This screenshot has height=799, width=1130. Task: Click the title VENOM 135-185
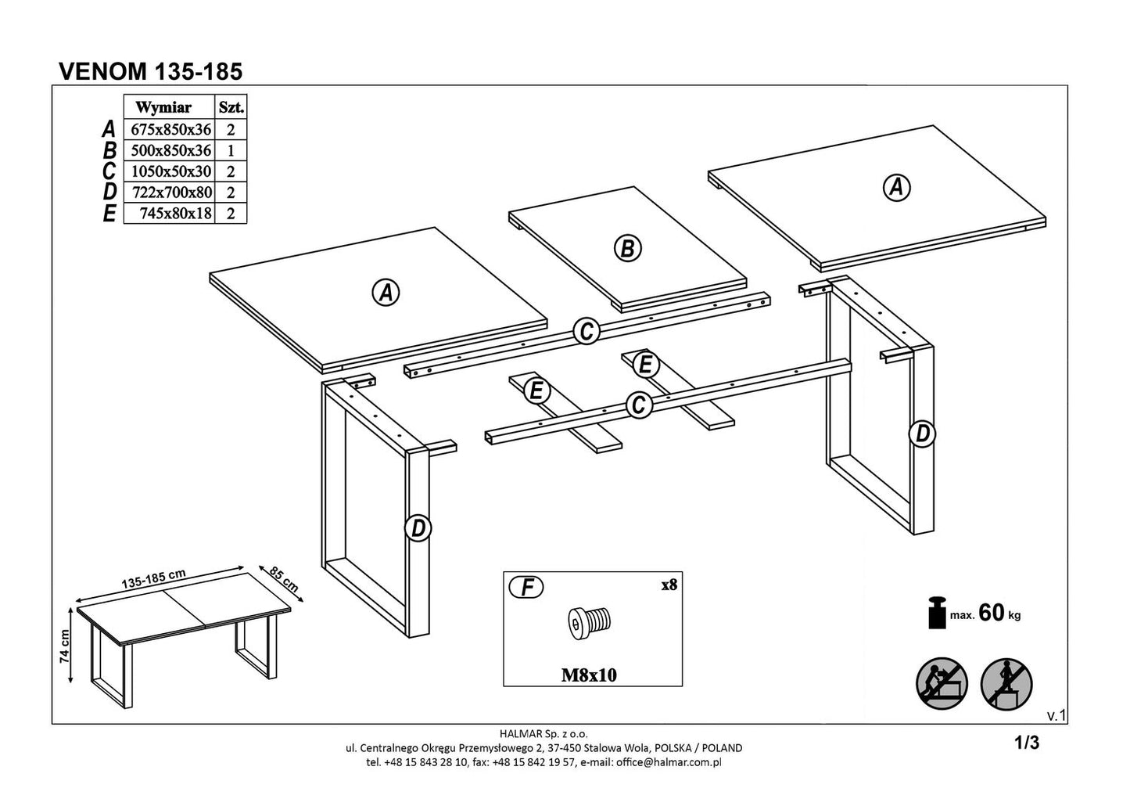151,71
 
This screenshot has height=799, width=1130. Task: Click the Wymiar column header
163,107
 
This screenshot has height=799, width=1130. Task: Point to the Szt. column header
231,107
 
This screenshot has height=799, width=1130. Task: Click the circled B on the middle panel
626,248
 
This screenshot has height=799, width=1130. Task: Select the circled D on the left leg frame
418,529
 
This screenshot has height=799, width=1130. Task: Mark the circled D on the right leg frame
923,433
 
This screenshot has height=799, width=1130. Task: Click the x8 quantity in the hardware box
668,585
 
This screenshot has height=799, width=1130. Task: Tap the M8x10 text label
589,675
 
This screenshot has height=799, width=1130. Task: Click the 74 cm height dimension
66,646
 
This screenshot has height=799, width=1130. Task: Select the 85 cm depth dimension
283,578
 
